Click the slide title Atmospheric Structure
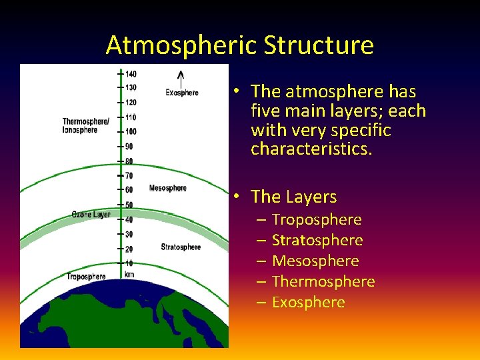239,45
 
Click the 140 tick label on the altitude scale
131,73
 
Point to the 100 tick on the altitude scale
131,131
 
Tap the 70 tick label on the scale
129,176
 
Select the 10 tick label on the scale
129,263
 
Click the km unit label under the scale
129,274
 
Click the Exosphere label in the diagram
182,93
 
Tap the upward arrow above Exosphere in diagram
180,77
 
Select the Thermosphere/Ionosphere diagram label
85,125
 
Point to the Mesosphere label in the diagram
168,188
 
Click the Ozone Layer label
91,215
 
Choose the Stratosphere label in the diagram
181,247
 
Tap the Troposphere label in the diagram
86,276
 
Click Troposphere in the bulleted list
317,219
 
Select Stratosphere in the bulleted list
317,240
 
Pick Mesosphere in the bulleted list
315,261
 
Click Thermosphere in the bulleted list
323,281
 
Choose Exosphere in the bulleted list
308,302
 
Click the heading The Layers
293,197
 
